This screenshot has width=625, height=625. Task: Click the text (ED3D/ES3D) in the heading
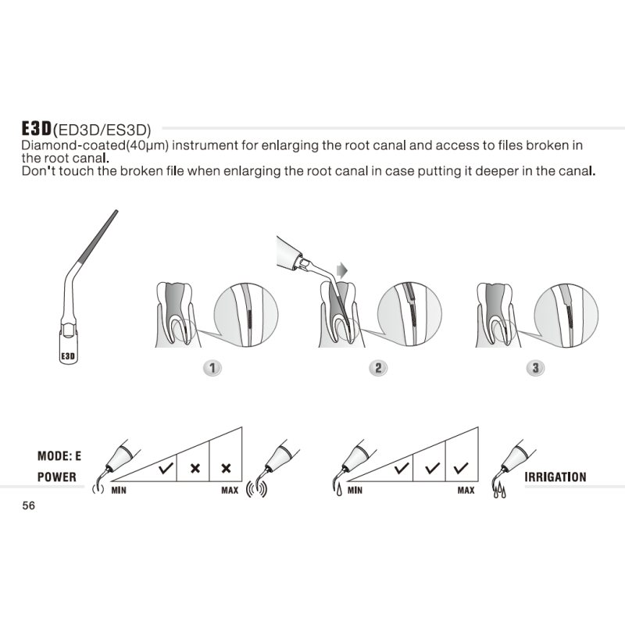click(x=101, y=130)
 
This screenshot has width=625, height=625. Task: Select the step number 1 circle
click(x=211, y=367)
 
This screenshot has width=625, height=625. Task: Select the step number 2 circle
click(x=378, y=367)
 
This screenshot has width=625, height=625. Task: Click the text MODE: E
click(x=59, y=455)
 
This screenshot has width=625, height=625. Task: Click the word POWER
click(x=57, y=477)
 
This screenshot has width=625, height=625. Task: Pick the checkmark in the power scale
click(x=165, y=469)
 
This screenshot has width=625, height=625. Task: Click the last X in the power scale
click(x=226, y=469)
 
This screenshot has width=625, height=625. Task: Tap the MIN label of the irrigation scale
click(x=355, y=491)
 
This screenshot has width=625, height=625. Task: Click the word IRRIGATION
click(x=555, y=477)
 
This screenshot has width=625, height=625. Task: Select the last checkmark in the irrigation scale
click(x=461, y=469)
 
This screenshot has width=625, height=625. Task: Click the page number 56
click(x=29, y=505)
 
